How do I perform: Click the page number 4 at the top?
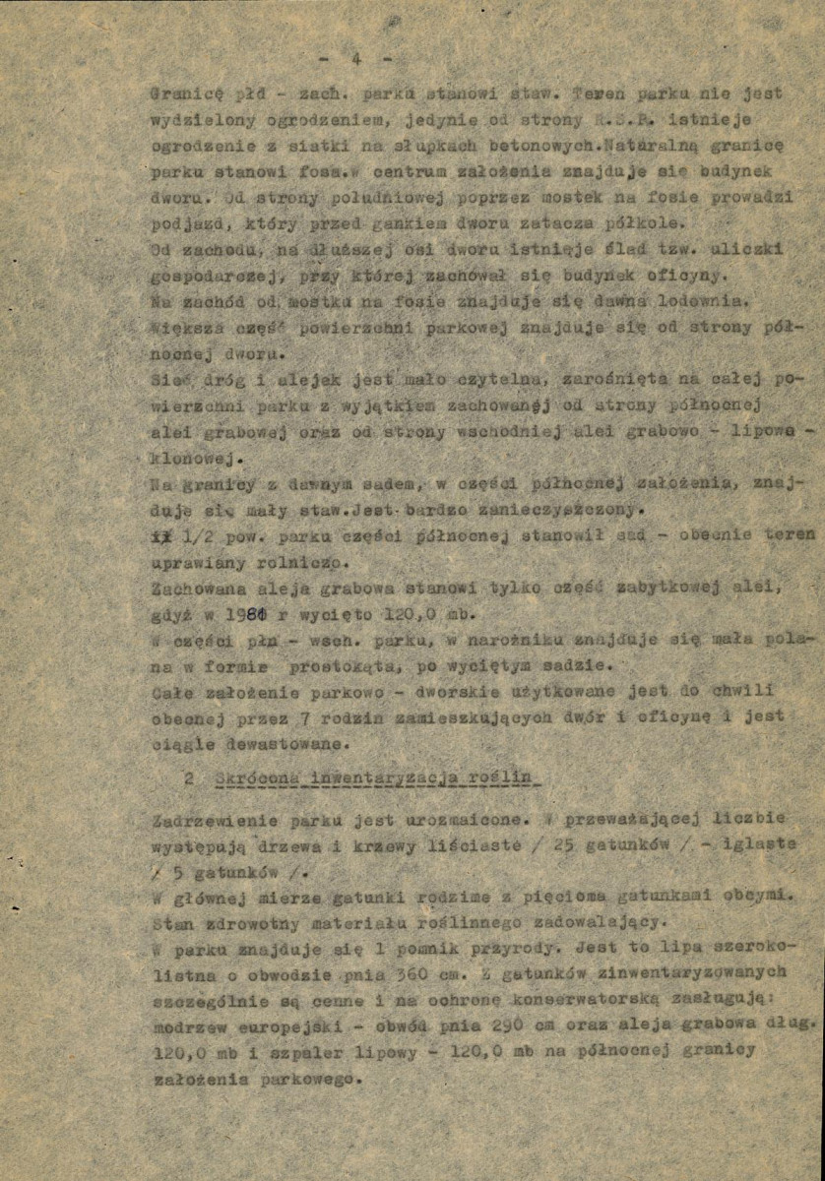(356, 59)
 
